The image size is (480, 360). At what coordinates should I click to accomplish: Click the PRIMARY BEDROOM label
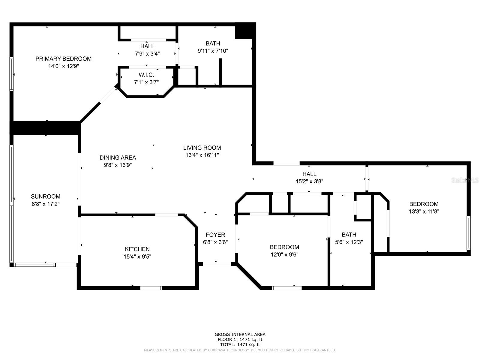pyautogui.click(x=63, y=58)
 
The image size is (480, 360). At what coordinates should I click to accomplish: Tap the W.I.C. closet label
pyautogui.click(x=146, y=75)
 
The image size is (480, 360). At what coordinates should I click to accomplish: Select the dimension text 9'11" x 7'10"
pyautogui.click(x=213, y=51)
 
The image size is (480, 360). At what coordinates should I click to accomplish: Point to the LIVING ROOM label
pyautogui.click(x=202, y=148)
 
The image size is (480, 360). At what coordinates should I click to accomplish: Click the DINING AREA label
pyautogui.click(x=118, y=157)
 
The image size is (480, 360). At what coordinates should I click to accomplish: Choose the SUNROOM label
pyautogui.click(x=46, y=196)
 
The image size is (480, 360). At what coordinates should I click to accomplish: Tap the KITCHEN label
pyautogui.click(x=137, y=249)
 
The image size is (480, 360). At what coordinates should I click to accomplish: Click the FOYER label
pyautogui.click(x=215, y=235)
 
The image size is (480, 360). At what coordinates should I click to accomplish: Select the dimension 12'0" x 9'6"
pyautogui.click(x=284, y=255)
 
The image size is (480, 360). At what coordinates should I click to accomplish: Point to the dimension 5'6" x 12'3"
pyautogui.click(x=349, y=242)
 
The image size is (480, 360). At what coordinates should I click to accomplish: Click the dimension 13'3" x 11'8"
pyautogui.click(x=424, y=211)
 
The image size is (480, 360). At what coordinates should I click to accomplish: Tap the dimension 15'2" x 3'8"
pyautogui.click(x=309, y=181)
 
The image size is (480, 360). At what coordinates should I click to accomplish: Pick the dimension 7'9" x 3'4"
pyautogui.click(x=147, y=54)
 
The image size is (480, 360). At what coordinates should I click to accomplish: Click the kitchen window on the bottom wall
pyautogui.click(x=151, y=288)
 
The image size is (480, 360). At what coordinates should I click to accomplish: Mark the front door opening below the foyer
pyautogui.click(x=217, y=264)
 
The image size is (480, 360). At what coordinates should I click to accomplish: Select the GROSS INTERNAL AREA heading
pyautogui.click(x=240, y=334)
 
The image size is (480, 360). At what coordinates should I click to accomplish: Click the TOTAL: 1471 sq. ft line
pyautogui.click(x=240, y=345)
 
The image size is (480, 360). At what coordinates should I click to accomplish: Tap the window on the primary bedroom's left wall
pyautogui.click(x=11, y=74)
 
